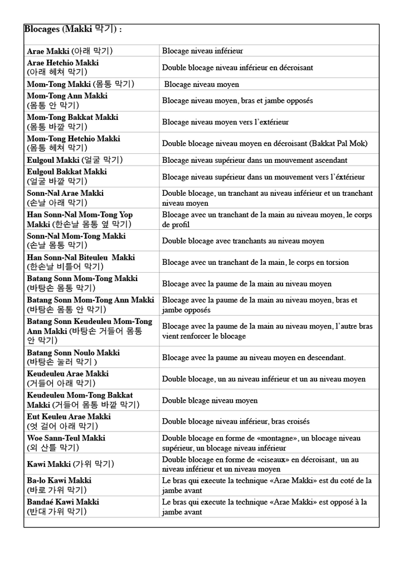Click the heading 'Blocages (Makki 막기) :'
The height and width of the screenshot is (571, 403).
point(73,30)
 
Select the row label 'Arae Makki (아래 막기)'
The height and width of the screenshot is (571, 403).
point(70,51)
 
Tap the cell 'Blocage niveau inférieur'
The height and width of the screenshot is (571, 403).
point(202,51)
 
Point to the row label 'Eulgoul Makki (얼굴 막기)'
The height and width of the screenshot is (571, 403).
point(75,160)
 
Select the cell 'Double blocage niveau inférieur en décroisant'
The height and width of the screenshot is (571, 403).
point(237,68)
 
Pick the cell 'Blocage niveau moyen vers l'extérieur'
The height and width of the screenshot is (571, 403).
point(225,122)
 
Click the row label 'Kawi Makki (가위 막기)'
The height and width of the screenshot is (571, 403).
point(70,464)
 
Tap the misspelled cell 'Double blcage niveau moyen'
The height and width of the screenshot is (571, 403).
point(210,400)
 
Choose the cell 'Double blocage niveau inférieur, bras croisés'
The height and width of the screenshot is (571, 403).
point(236,422)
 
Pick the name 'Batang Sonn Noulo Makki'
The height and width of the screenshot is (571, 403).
point(73,353)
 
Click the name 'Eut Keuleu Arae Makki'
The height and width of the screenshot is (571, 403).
point(69,417)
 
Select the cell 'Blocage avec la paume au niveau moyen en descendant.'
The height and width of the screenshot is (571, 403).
point(254,357)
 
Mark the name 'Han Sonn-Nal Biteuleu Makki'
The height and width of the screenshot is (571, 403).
point(81,258)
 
